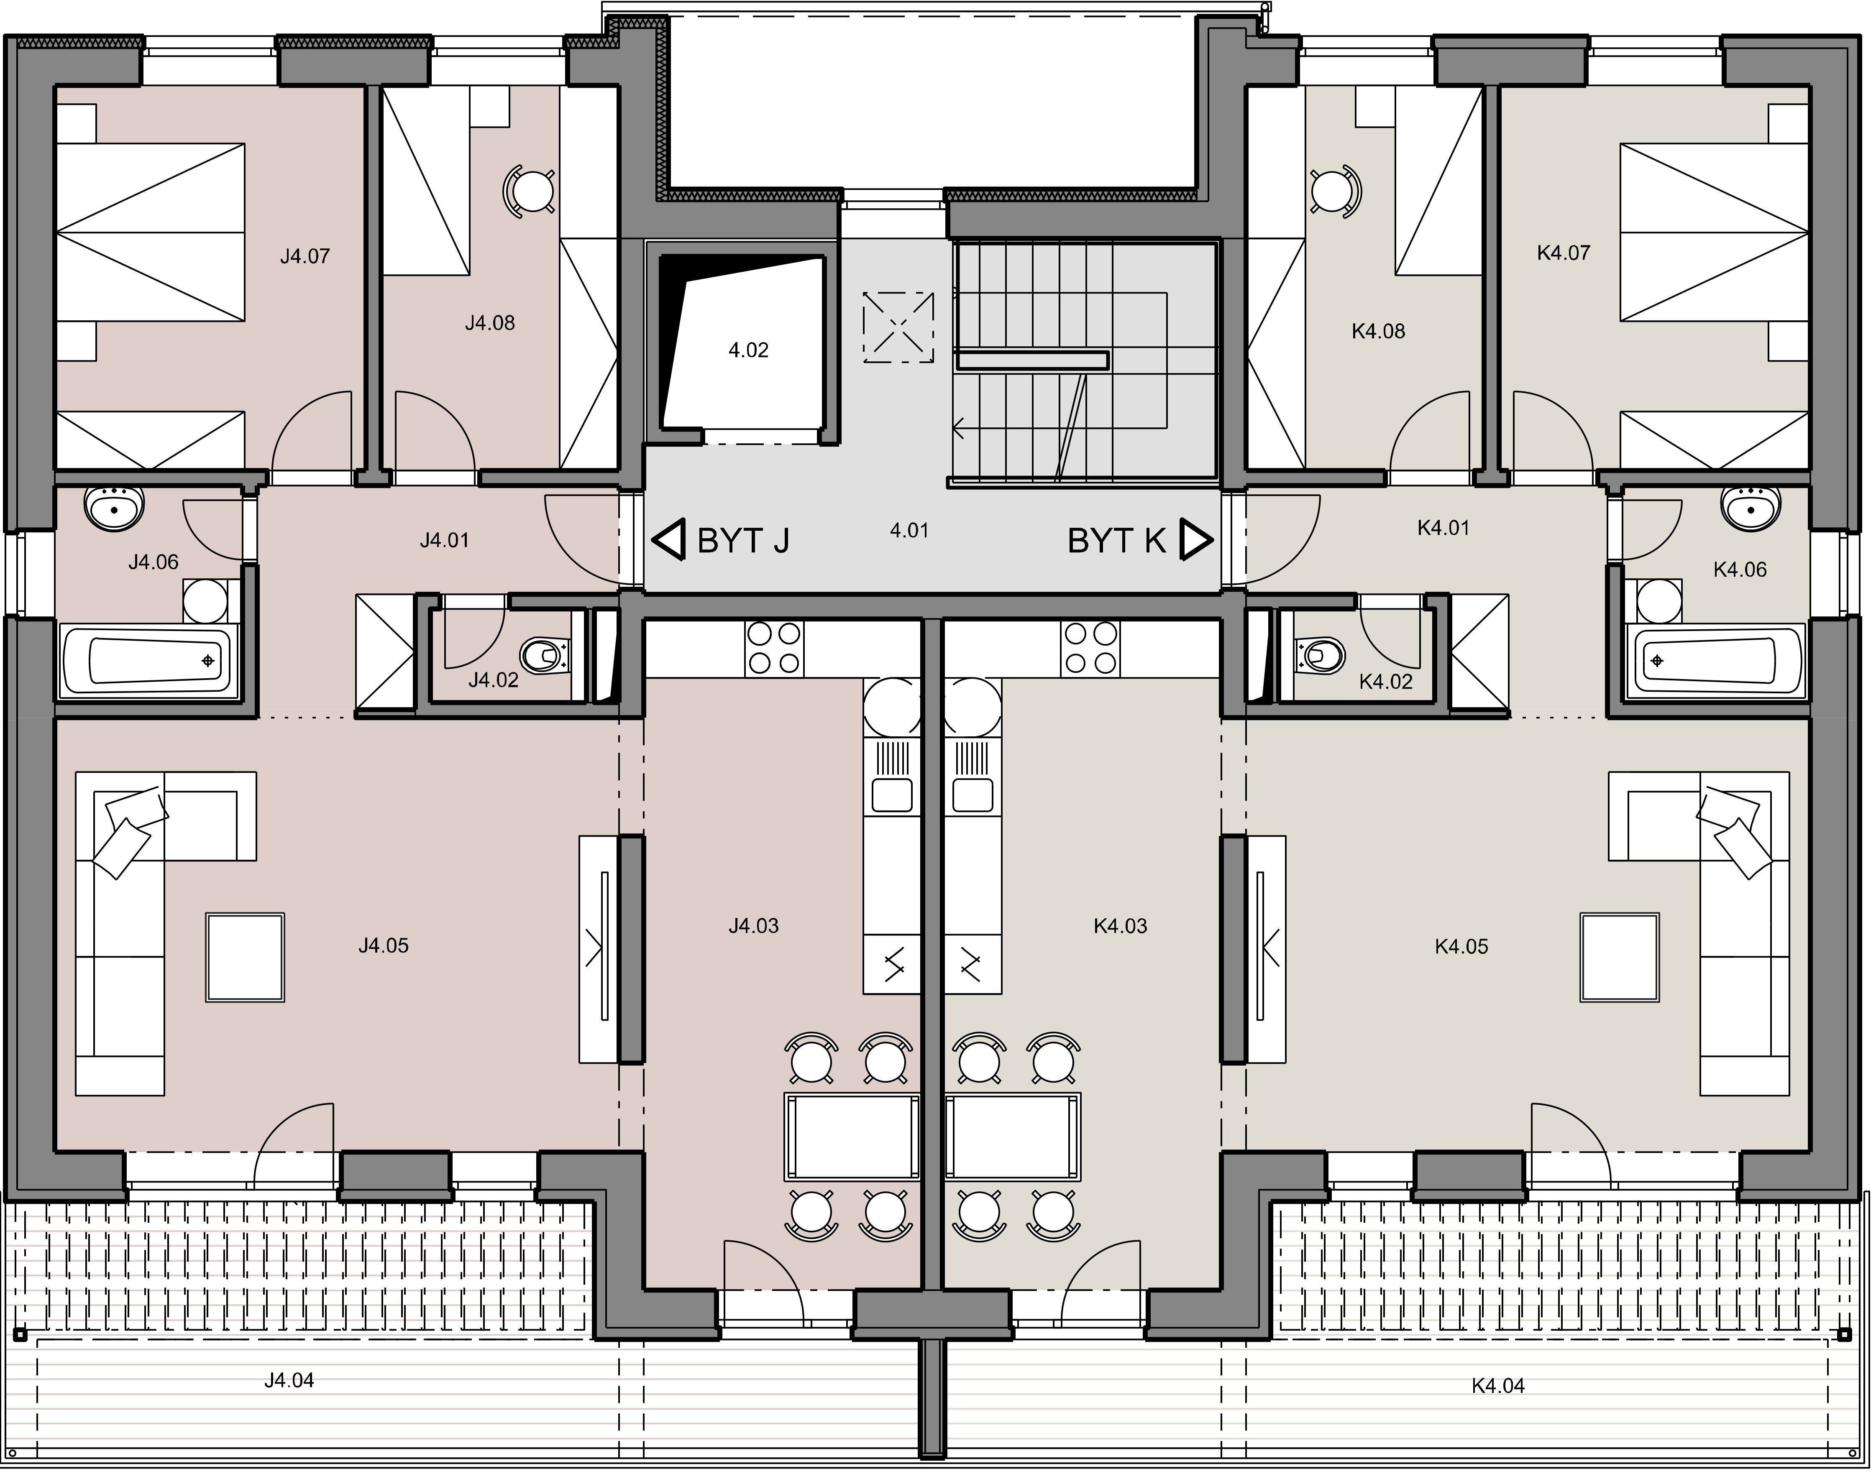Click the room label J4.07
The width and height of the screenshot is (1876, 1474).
pos(305,256)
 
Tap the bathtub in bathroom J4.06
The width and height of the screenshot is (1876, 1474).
pos(148,662)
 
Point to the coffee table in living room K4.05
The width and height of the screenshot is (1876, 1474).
pos(1620,957)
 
